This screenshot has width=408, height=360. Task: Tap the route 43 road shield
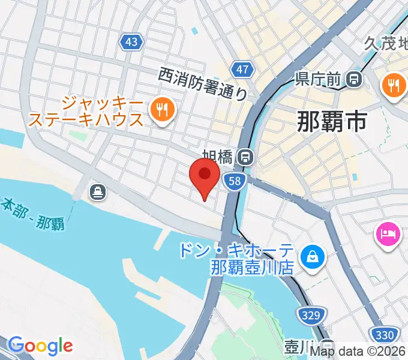tap(132, 41)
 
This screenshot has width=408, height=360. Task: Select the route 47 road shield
tap(242, 70)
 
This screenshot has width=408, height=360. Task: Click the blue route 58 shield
tap(236, 180)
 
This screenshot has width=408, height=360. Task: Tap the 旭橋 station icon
tap(245, 157)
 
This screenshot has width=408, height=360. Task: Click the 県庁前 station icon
tap(355, 78)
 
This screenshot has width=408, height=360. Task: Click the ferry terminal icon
tap(97, 192)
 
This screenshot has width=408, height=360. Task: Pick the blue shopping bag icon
tap(312, 257)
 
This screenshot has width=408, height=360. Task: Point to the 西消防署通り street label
tap(203, 83)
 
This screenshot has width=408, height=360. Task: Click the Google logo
tap(40, 346)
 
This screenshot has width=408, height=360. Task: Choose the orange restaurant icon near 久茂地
tap(393, 86)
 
